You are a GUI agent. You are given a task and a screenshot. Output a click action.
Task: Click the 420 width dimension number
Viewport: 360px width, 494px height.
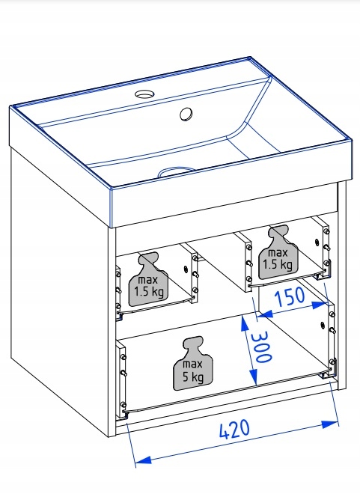(x=235, y=429)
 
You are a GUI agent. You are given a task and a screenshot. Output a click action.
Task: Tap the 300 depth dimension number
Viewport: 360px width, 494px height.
(x=261, y=347)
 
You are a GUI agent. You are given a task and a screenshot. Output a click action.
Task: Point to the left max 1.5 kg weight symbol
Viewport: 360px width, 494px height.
(x=149, y=280)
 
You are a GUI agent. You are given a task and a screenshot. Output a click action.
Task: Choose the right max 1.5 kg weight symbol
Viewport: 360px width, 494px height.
(x=278, y=252)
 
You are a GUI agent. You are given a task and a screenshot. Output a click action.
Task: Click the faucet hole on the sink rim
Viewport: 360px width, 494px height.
(x=145, y=94)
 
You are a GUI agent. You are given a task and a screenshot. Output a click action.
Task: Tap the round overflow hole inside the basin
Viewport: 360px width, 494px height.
(x=186, y=114)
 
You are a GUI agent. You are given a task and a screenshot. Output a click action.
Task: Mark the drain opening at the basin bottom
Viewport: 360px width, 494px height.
(x=177, y=171)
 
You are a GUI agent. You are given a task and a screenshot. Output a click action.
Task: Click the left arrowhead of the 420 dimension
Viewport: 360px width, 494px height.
(x=143, y=460)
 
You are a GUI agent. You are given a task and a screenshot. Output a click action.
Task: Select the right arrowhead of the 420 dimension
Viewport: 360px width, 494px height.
(x=330, y=424)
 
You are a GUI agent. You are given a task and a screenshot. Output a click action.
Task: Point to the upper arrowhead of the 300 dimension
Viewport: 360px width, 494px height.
(x=245, y=325)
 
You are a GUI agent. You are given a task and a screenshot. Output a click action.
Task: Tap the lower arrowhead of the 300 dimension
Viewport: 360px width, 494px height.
(x=253, y=376)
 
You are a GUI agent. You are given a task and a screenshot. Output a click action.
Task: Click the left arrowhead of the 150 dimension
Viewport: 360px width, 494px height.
(x=265, y=314)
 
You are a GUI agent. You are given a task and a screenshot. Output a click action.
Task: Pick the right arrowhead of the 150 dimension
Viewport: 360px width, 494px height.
(x=319, y=305)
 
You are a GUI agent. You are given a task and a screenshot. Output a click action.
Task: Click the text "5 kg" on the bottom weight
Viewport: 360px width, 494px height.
(x=193, y=376)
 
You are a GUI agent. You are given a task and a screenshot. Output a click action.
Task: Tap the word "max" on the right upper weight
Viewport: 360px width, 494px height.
(x=278, y=253)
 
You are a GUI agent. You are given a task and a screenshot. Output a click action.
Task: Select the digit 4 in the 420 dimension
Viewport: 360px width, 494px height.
(x=224, y=431)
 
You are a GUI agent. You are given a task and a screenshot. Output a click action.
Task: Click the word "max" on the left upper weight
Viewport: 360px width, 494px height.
(x=147, y=280)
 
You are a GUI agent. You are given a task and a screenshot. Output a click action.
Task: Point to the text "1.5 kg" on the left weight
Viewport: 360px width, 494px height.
(x=149, y=292)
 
